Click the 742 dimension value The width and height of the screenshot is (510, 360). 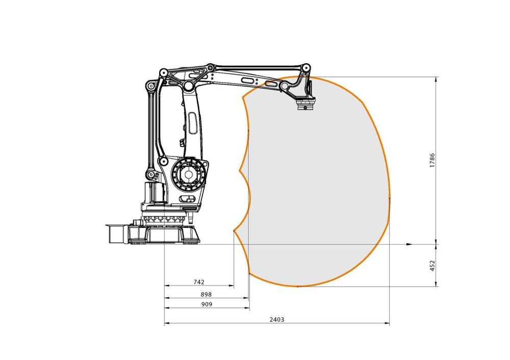point(199,281)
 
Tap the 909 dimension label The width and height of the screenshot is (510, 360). point(206,304)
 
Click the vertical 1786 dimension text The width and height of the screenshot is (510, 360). point(432,161)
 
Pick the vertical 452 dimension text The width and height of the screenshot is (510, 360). point(432,265)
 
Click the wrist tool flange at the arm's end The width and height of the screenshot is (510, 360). point(306,106)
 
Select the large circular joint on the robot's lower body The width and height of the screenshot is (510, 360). point(188,175)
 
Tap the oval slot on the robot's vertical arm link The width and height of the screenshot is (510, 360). point(194,124)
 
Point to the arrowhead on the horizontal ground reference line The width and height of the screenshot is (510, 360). point(409,244)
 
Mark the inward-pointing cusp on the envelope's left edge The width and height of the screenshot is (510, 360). point(240,169)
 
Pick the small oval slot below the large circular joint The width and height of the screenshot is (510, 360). point(187,199)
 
